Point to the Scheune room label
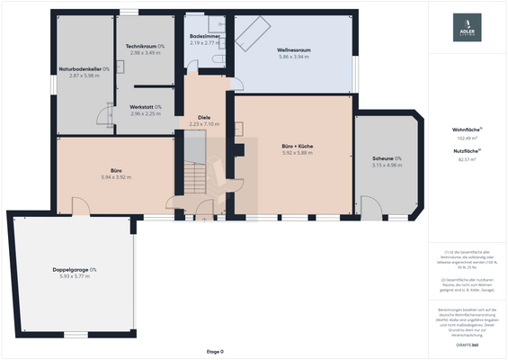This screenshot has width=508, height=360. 388,158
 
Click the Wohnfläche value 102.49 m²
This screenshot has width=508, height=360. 467,139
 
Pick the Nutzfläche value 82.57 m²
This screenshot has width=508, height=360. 467,159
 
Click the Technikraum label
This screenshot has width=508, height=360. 145,46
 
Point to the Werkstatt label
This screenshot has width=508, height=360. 145,107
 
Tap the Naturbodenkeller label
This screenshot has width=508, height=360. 84,68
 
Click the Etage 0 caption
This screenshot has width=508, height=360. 215,351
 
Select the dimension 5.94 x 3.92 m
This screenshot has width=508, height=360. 116,177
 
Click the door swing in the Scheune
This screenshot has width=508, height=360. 369,208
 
